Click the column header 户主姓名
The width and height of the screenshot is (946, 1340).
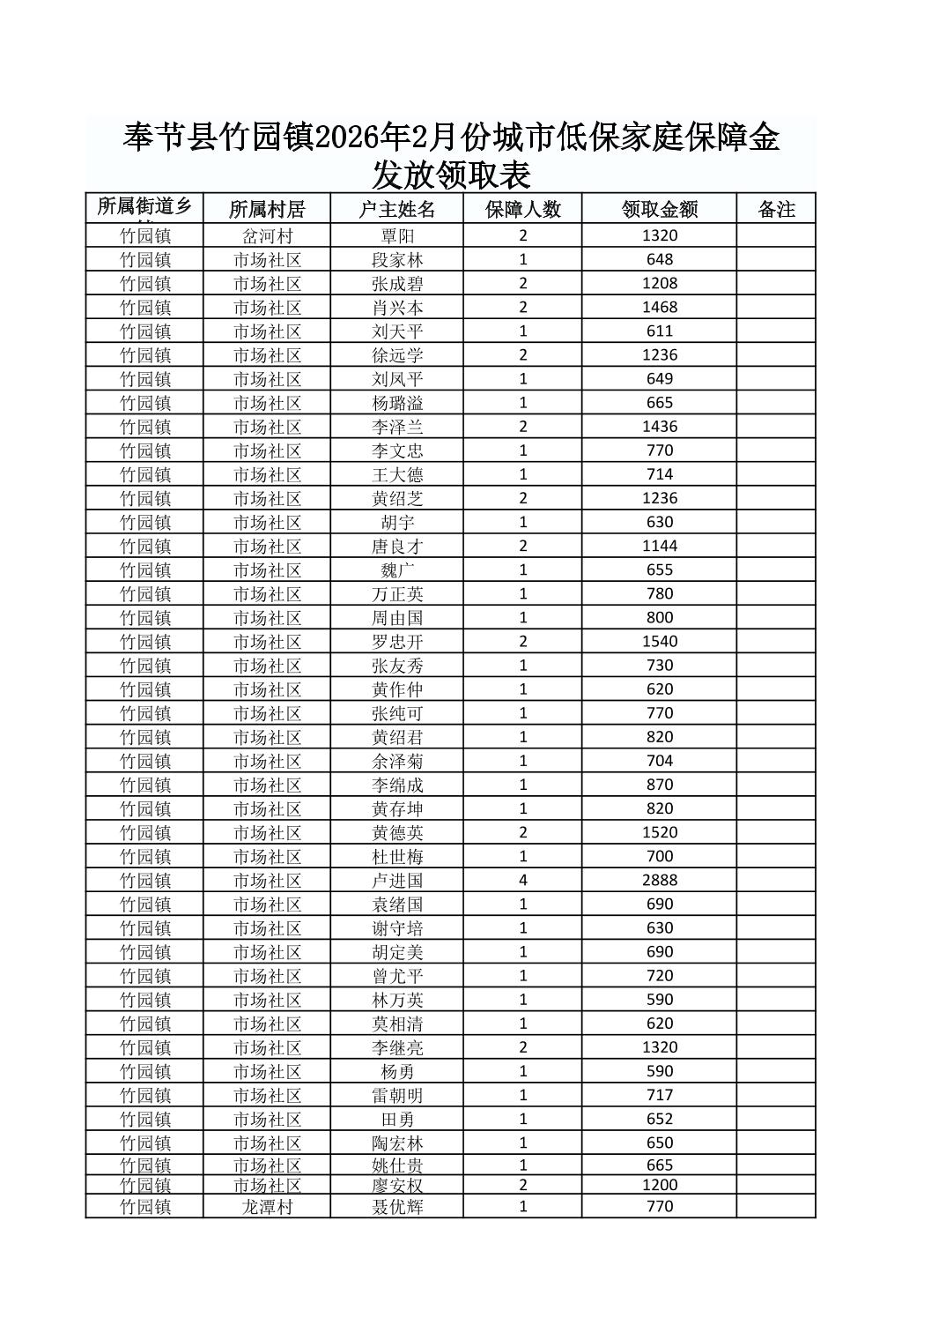tap(396, 209)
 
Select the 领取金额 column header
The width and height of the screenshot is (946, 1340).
tap(659, 209)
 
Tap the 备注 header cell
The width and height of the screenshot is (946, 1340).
tap(776, 209)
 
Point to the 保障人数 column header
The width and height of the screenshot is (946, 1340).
tap(522, 209)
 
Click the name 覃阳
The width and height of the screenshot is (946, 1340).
tap(396, 235)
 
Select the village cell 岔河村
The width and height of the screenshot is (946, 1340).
tap(267, 235)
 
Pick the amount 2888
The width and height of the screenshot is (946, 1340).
tap(659, 880)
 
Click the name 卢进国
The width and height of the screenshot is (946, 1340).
tap(396, 880)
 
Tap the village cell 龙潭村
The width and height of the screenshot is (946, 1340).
tap(267, 1206)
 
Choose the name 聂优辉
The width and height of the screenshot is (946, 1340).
tap(396, 1206)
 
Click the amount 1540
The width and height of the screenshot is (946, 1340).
tap(659, 641)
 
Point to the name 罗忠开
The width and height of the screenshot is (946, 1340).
tap(396, 641)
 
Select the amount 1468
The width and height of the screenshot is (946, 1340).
tap(659, 307)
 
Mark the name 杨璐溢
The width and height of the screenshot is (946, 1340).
tap(396, 403)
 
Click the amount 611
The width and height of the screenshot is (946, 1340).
tap(659, 331)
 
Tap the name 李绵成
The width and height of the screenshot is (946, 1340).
tap(396, 785)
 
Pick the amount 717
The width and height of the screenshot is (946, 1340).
tap(659, 1095)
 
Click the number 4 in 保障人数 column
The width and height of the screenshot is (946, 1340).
tap(523, 880)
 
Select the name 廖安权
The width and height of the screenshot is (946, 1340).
tap(396, 1185)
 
